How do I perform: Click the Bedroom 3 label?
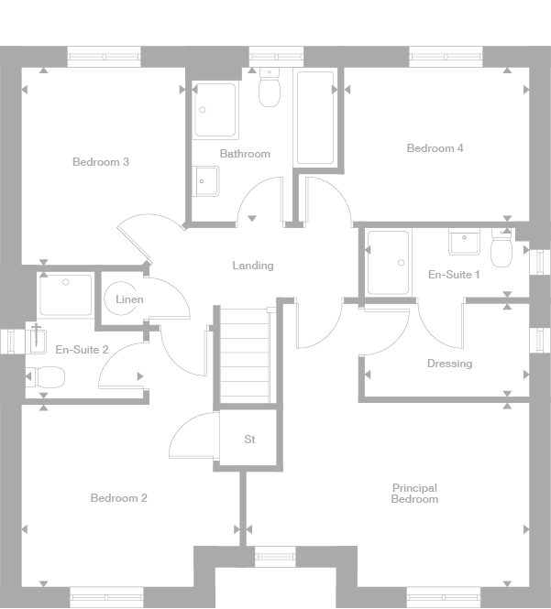pyautogui.click(x=100, y=162)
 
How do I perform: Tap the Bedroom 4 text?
pyautogui.click(x=435, y=148)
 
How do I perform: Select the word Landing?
pyautogui.click(x=252, y=266)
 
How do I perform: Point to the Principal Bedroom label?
pyautogui.click(x=414, y=494)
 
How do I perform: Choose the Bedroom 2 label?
pyautogui.click(x=118, y=498)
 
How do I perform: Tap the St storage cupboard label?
pyautogui.click(x=249, y=440)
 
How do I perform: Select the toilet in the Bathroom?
pyautogui.click(x=270, y=89)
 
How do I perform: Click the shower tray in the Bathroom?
pyautogui.click(x=215, y=110)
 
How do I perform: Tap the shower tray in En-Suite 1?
pyautogui.click(x=388, y=263)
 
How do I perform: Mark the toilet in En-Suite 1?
pyautogui.click(x=502, y=248)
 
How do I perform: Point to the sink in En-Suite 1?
pyautogui.click(x=464, y=242)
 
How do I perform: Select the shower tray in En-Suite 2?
pyautogui.click(x=65, y=294)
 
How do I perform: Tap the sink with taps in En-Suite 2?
pyautogui.click(x=36, y=339)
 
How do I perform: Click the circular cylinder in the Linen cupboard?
pyautogui.click(x=122, y=299)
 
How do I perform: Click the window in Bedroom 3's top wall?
pyautogui.click(x=105, y=57)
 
